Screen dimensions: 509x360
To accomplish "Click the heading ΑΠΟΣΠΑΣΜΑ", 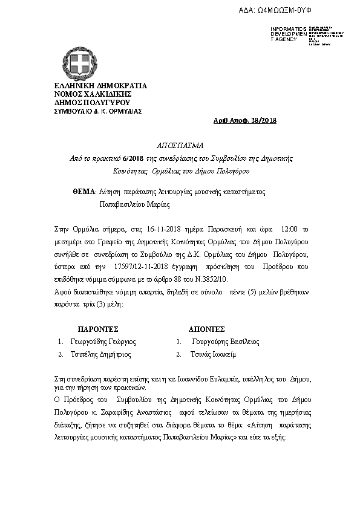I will [180, 146].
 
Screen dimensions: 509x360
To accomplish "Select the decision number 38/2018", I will [264, 121].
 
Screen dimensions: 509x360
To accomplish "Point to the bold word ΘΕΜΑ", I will [84, 191].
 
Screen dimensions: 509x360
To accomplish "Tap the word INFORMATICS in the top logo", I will [289, 29].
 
